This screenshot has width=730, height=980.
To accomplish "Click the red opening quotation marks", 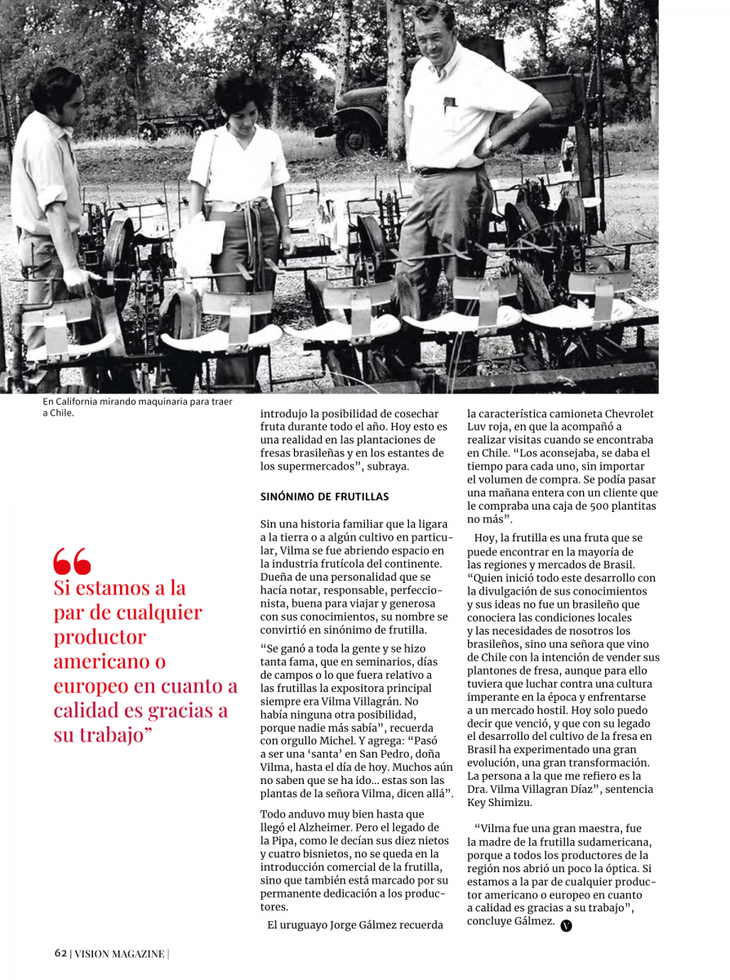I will pos(72,561).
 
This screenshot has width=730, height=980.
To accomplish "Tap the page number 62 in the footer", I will pos(60,953).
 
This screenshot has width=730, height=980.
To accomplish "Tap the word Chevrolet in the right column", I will pos(625,414).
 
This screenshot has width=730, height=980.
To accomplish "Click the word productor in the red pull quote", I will pos(100,636).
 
